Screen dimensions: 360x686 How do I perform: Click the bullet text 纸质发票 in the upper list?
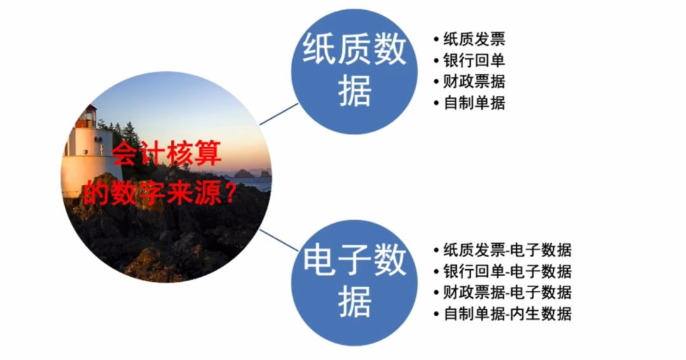click(x=474, y=39)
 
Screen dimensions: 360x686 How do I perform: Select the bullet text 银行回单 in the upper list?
click(x=474, y=60)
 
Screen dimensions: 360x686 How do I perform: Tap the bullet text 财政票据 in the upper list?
click(x=474, y=81)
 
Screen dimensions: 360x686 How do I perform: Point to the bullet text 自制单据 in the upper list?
click(x=474, y=102)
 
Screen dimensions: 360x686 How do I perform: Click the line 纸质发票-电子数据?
click(x=507, y=250)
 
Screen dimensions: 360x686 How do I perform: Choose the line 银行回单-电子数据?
click(x=507, y=271)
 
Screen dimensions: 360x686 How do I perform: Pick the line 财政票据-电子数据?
click(x=507, y=292)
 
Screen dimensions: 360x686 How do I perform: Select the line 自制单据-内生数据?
click(x=507, y=313)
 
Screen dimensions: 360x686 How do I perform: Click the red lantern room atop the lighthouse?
click(x=86, y=116)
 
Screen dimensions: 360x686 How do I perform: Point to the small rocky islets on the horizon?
click(x=248, y=173)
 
